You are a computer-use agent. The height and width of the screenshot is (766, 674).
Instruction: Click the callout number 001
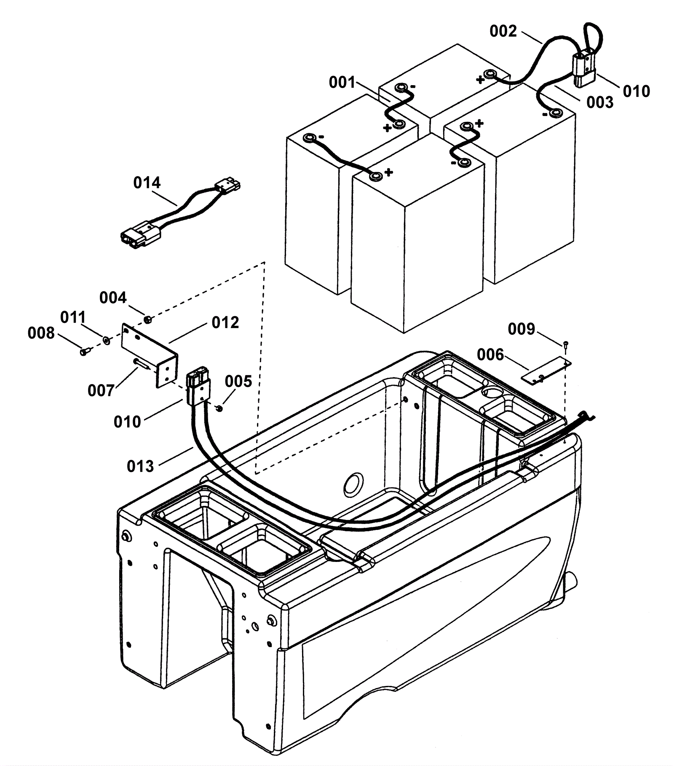[x=342, y=83]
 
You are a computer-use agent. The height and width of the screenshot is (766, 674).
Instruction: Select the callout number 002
[x=503, y=31]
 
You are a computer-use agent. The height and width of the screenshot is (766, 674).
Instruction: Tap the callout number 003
[x=600, y=102]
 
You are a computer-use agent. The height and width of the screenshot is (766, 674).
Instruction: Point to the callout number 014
[x=147, y=183]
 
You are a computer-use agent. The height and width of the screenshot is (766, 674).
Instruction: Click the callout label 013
[x=140, y=466]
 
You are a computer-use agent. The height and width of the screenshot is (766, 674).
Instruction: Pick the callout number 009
[x=522, y=329]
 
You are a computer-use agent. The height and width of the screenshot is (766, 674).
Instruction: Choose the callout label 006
[x=490, y=355]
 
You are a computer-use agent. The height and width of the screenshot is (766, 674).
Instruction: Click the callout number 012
[x=225, y=323]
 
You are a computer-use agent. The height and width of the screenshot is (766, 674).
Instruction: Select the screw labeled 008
[x=85, y=350]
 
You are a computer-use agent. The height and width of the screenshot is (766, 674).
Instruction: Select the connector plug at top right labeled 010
[x=584, y=67]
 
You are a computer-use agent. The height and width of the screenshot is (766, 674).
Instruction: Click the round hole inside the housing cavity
[x=353, y=484]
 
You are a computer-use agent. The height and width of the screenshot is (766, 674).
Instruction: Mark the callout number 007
[x=101, y=390]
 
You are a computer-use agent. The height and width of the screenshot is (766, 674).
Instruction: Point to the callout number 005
[x=238, y=381]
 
